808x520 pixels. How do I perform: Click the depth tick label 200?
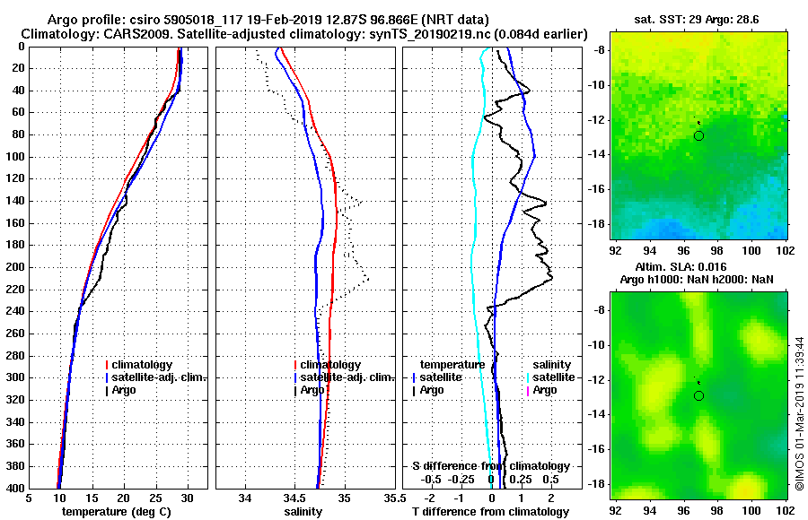[15, 267]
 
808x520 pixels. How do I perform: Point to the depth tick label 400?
[15, 488]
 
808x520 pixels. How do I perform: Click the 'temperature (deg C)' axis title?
[118, 511]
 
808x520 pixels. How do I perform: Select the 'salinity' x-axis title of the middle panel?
[305, 511]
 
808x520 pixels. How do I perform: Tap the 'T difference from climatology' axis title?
[490, 511]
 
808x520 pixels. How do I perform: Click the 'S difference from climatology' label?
[490, 466]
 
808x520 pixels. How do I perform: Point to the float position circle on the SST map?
[698, 135]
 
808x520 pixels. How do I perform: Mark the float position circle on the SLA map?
[698, 395]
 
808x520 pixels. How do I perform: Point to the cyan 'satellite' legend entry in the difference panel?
[554, 377]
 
